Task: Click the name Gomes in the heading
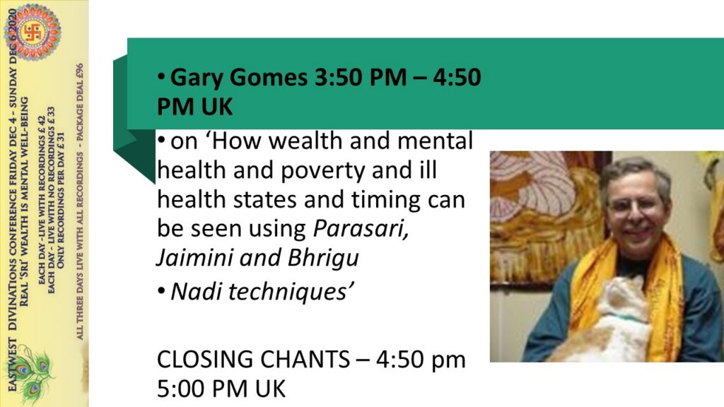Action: (269, 78)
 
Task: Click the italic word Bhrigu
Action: (323, 259)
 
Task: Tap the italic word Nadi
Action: (197, 291)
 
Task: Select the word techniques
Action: (288, 292)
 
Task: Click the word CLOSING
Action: (206, 360)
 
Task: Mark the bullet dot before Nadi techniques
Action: (161, 292)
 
